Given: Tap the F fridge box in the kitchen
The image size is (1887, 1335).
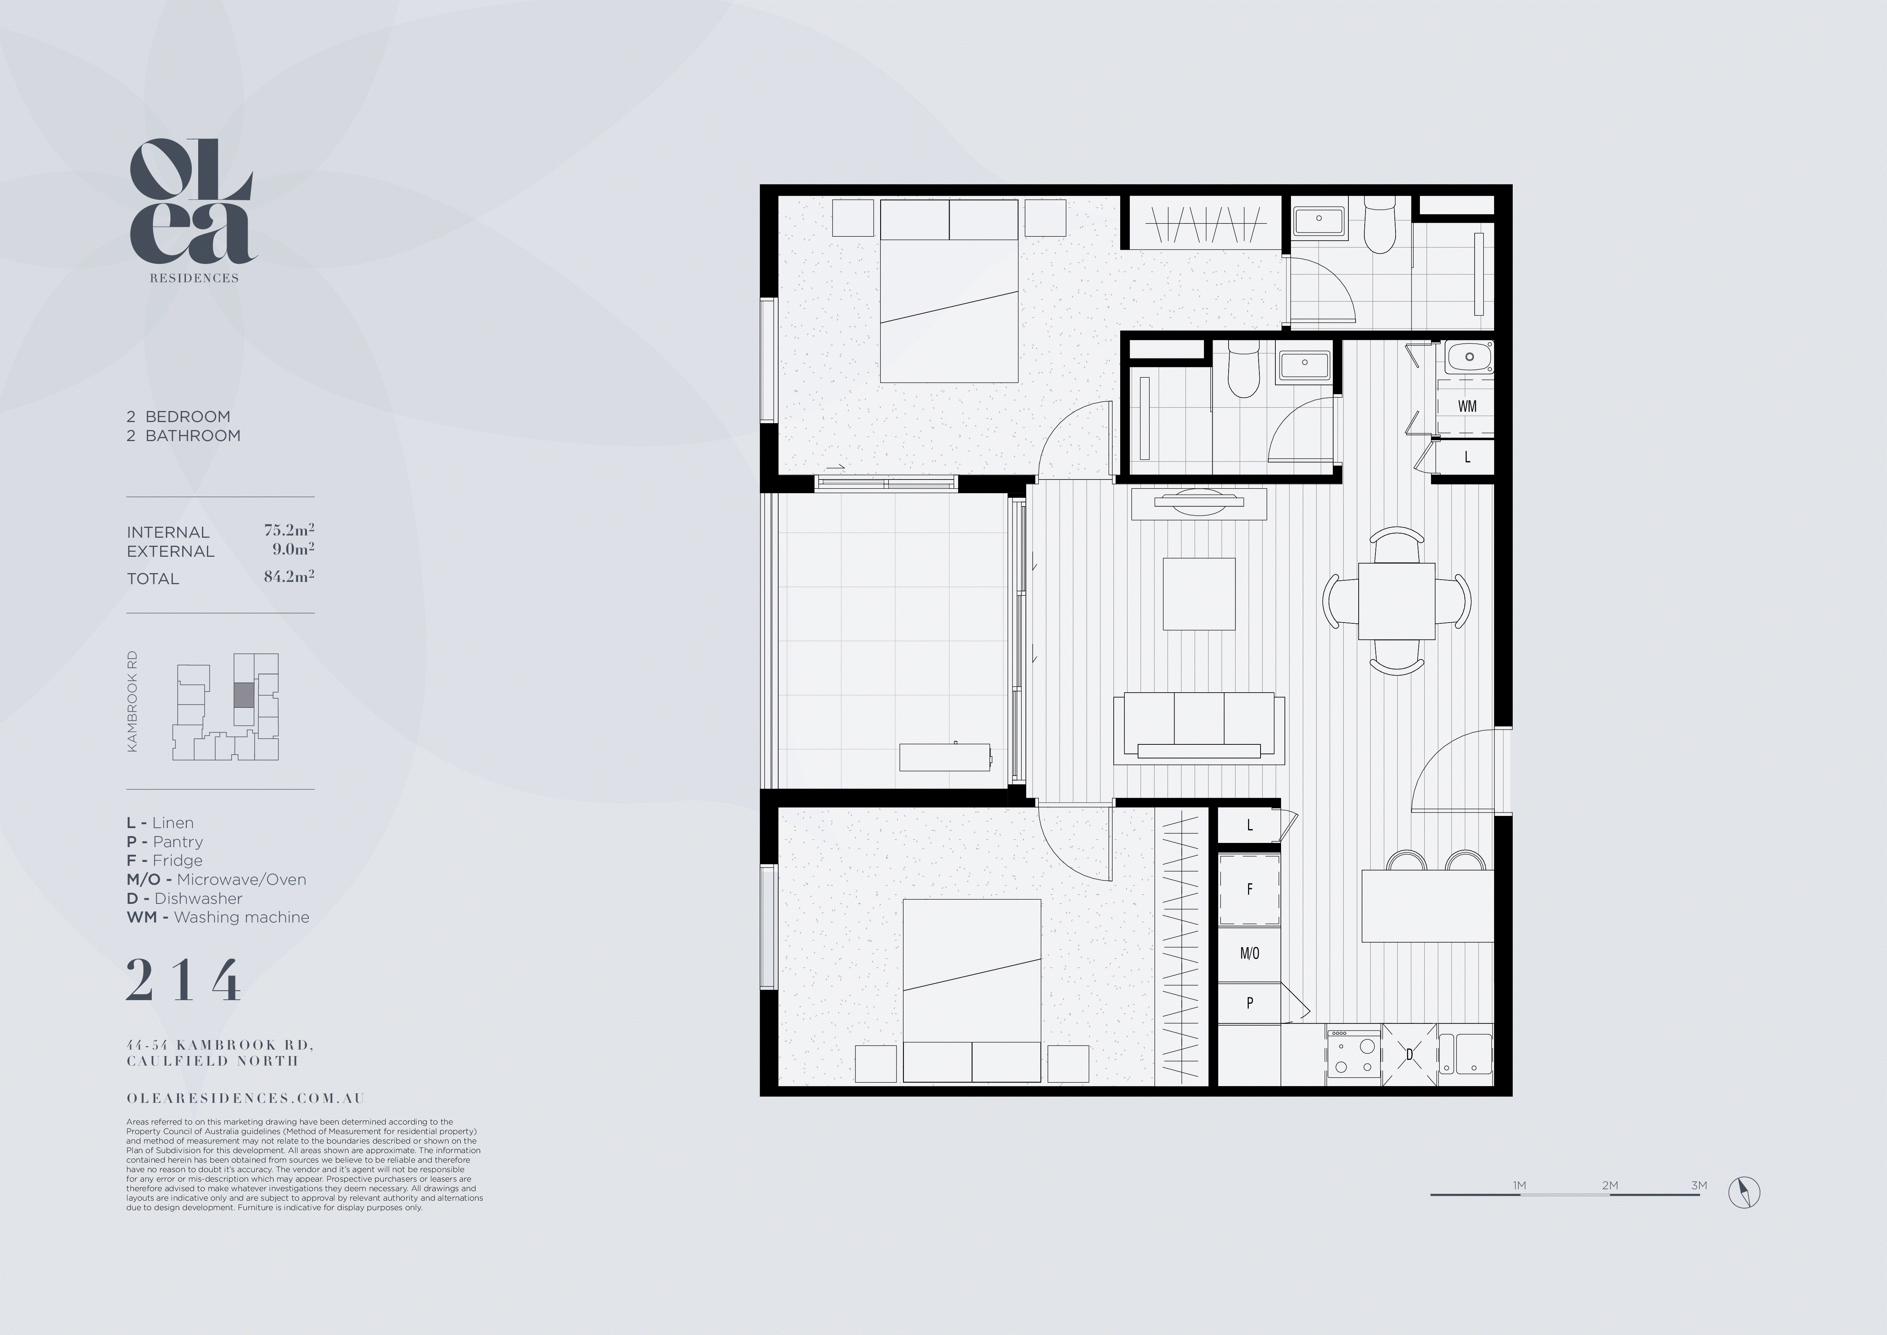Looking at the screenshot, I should coord(1249,889).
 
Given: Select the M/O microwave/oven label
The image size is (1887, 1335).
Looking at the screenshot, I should coord(1249,954).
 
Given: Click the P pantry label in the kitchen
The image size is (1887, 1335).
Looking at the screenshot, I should coord(1249,1003).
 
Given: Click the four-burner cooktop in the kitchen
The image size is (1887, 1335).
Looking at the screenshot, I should coord(1353,1056).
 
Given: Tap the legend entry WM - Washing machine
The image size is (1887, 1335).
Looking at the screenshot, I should coord(218,918).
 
